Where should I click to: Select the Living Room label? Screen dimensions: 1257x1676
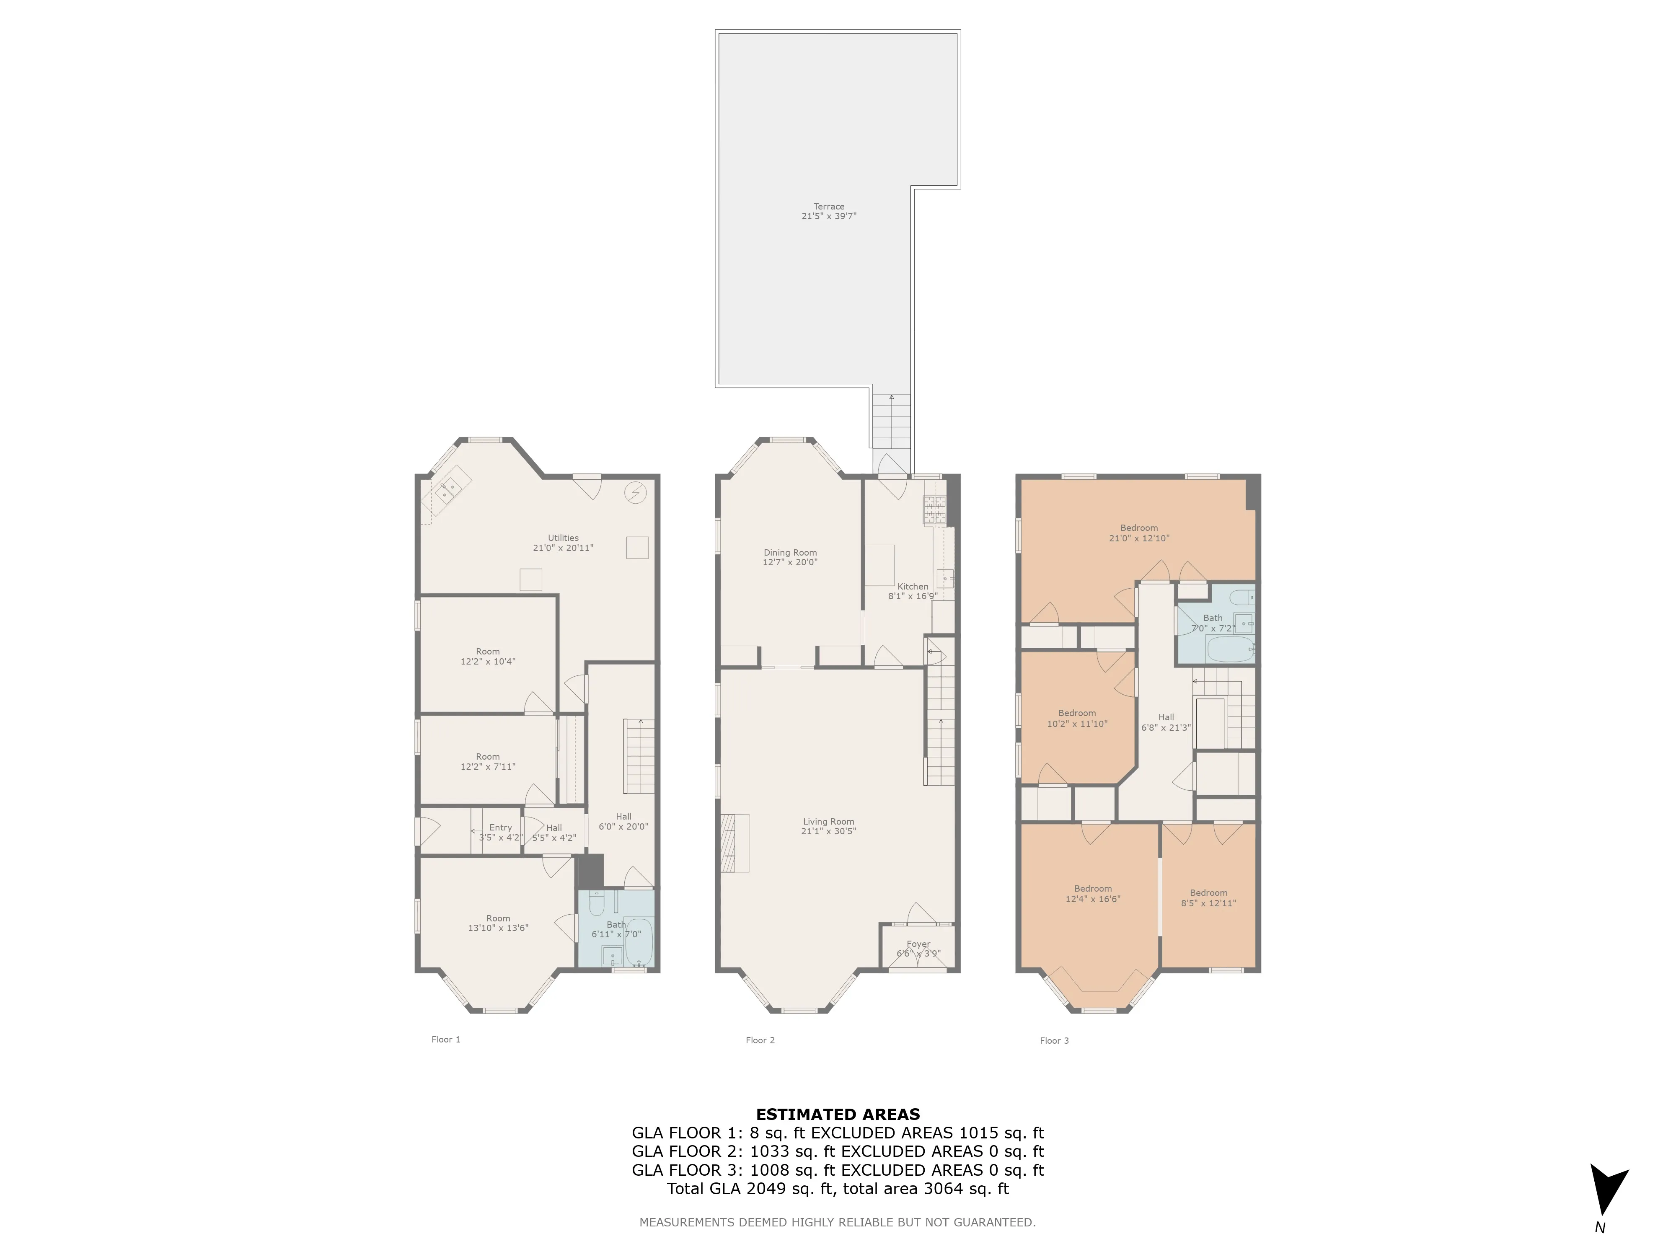click(828, 821)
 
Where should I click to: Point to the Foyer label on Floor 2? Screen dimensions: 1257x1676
click(918, 944)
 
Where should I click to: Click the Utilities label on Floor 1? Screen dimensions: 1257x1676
click(563, 538)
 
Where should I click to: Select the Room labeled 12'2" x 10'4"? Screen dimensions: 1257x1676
click(488, 656)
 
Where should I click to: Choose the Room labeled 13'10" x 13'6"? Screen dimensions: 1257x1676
click(498, 923)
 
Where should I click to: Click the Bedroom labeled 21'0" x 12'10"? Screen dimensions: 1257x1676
click(1139, 533)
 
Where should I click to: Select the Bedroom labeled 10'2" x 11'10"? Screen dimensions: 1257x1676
click(1077, 718)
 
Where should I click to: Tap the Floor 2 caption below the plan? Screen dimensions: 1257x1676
click(760, 1040)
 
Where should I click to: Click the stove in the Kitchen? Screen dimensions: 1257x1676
click(934, 511)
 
